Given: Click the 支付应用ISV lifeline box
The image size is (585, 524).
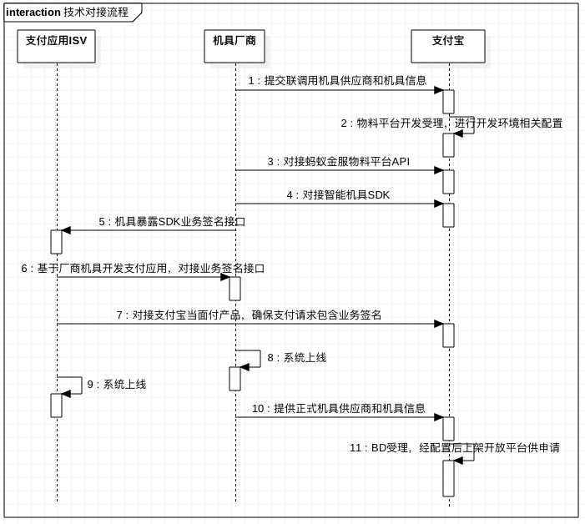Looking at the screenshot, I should pyautogui.click(x=57, y=46).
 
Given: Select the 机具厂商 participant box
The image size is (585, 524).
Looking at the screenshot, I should pyautogui.click(x=235, y=46).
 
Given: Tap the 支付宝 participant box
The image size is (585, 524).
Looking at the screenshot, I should pyautogui.click(x=447, y=46).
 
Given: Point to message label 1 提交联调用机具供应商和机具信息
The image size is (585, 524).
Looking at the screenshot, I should pyautogui.click(x=337, y=81).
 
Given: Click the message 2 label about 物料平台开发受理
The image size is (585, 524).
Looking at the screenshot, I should pyautogui.click(x=451, y=123).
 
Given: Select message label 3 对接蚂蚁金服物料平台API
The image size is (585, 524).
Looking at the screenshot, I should pyautogui.click(x=338, y=162).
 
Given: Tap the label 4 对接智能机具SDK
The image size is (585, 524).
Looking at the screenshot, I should pyautogui.click(x=338, y=195).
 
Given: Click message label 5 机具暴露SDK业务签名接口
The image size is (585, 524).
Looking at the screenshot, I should pyautogui.click(x=172, y=222).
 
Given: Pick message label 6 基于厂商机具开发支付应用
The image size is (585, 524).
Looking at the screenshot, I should pyautogui.click(x=143, y=269).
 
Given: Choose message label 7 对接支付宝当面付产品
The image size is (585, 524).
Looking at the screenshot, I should pyautogui.click(x=249, y=315).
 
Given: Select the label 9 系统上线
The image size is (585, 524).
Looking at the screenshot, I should pyautogui.click(x=116, y=385).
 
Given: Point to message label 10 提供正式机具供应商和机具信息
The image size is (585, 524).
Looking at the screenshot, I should pyautogui.click(x=338, y=409).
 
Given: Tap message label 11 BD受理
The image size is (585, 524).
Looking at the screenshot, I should pyautogui.click(x=454, y=448).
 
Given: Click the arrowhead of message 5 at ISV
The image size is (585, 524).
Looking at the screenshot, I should pyautogui.click(x=66, y=230).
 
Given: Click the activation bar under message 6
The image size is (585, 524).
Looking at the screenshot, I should pyautogui.click(x=235, y=289).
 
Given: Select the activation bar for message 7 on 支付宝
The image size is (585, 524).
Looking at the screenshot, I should pyautogui.click(x=448, y=335).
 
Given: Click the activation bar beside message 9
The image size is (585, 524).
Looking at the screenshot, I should pyautogui.click(x=57, y=406).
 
